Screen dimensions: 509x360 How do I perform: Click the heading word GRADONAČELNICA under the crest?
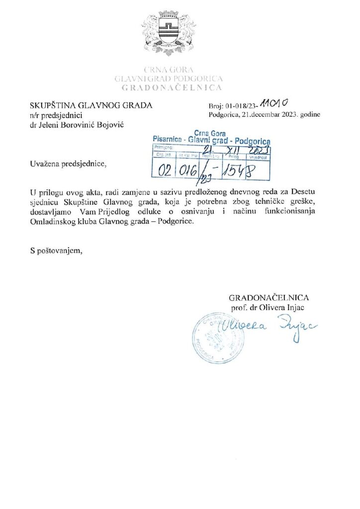click(168, 87)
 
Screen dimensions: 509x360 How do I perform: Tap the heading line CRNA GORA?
click(168, 70)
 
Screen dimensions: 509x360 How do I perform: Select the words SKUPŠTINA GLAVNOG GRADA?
click(91, 105)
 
